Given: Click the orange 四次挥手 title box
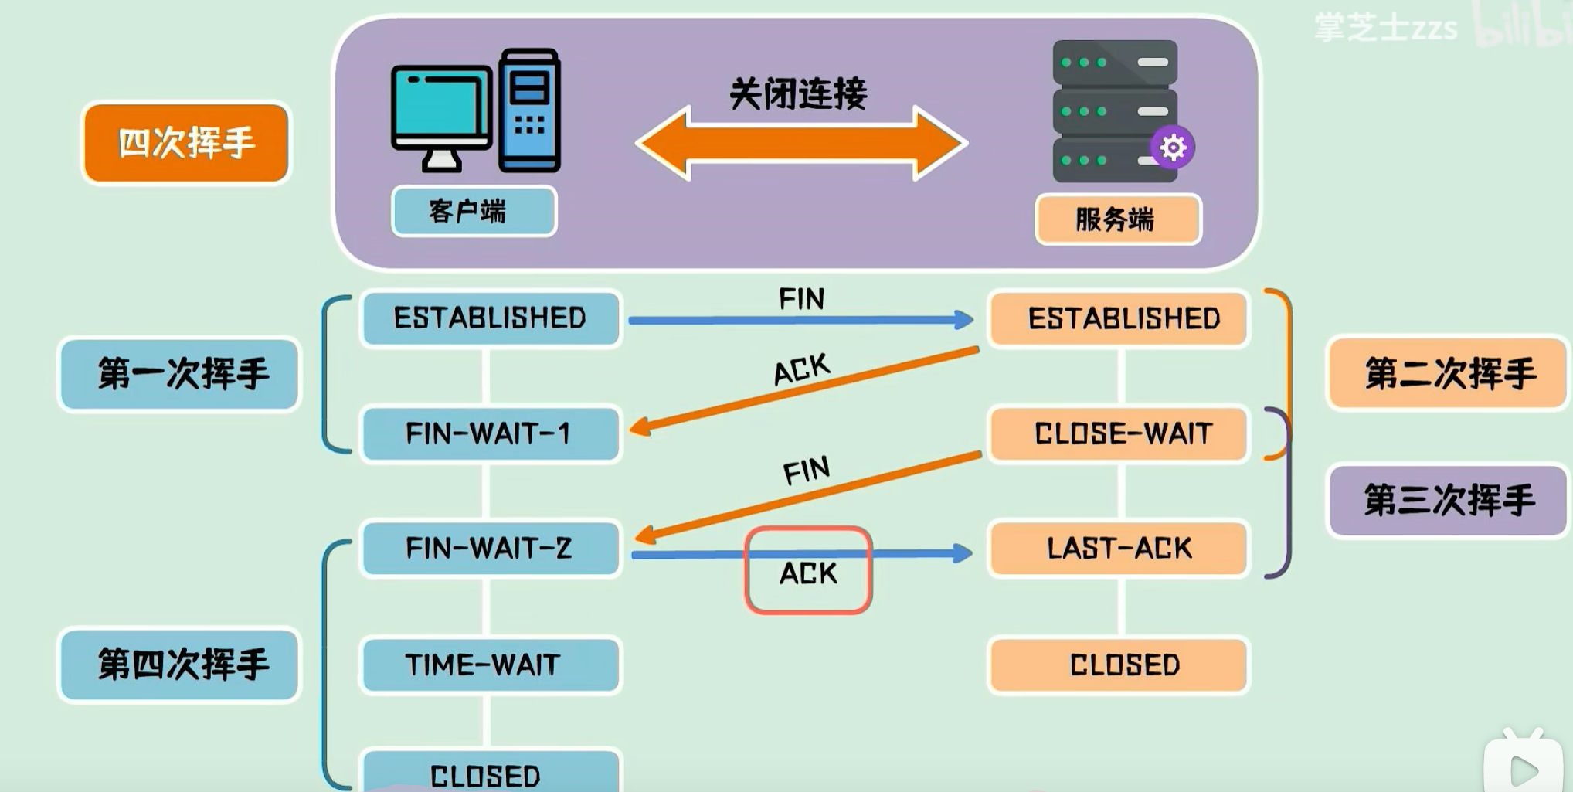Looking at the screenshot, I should pyautogui.click(x=186, y=143).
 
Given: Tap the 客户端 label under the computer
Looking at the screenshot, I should pyautogui.click(x=474, y=211).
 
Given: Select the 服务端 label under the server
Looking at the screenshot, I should pyautogui.click(x=1118, y=219).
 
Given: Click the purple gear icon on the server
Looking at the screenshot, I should pyautogui.click(x=1172, y=147).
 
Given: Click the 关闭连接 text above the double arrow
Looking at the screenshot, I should pyautogui.click(x=798, y=94).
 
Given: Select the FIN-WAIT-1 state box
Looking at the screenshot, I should pyautogui.click(x=490, y=433).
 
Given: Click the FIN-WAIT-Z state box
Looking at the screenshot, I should pyautogui.click(x=490, y=548).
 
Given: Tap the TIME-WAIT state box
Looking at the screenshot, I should pyautogui.click(x=490, y=665).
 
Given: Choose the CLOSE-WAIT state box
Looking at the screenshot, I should pyautogui.click(x=1119, y=433).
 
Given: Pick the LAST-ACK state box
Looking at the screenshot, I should pyautogui.click(x=1119, y=548).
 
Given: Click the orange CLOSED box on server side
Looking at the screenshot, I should pyautogui.click(x=1119, y=665).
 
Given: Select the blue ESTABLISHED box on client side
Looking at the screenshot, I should pyautogui.click(x=490, y=318).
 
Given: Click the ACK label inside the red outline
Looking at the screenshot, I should pyautogui.click(x=808, y=573).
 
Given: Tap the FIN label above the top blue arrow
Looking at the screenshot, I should pyautogui.click(x=801, y=299).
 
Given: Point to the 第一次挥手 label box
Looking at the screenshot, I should pyautogui.click(x=179, y=374).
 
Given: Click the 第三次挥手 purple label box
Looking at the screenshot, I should pyautogui.click(x=1447, y=500).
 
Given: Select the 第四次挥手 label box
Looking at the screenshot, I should pyautogui.click(x=179, y=665).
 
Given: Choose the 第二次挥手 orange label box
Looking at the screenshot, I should pyautogui.click(x=1447, y=374).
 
